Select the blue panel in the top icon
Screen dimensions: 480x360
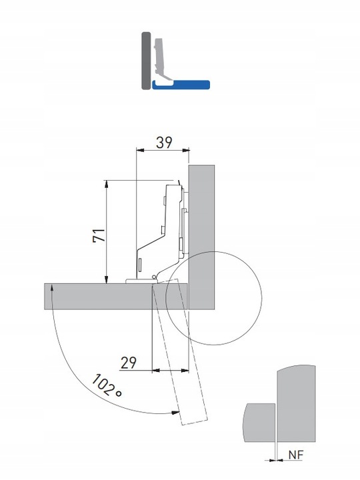[181, 85]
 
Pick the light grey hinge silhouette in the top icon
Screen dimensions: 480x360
[160, 57]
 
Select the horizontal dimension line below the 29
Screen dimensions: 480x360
[169, 370]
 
